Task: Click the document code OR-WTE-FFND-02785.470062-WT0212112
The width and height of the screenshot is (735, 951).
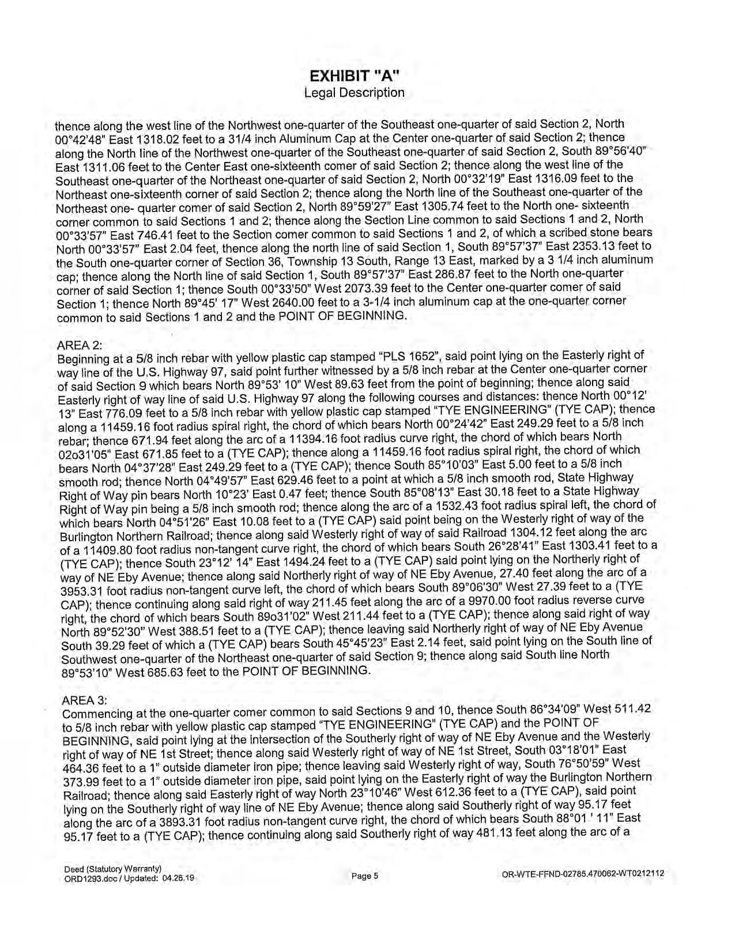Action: pyautogui.click(x=583, y=874)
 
